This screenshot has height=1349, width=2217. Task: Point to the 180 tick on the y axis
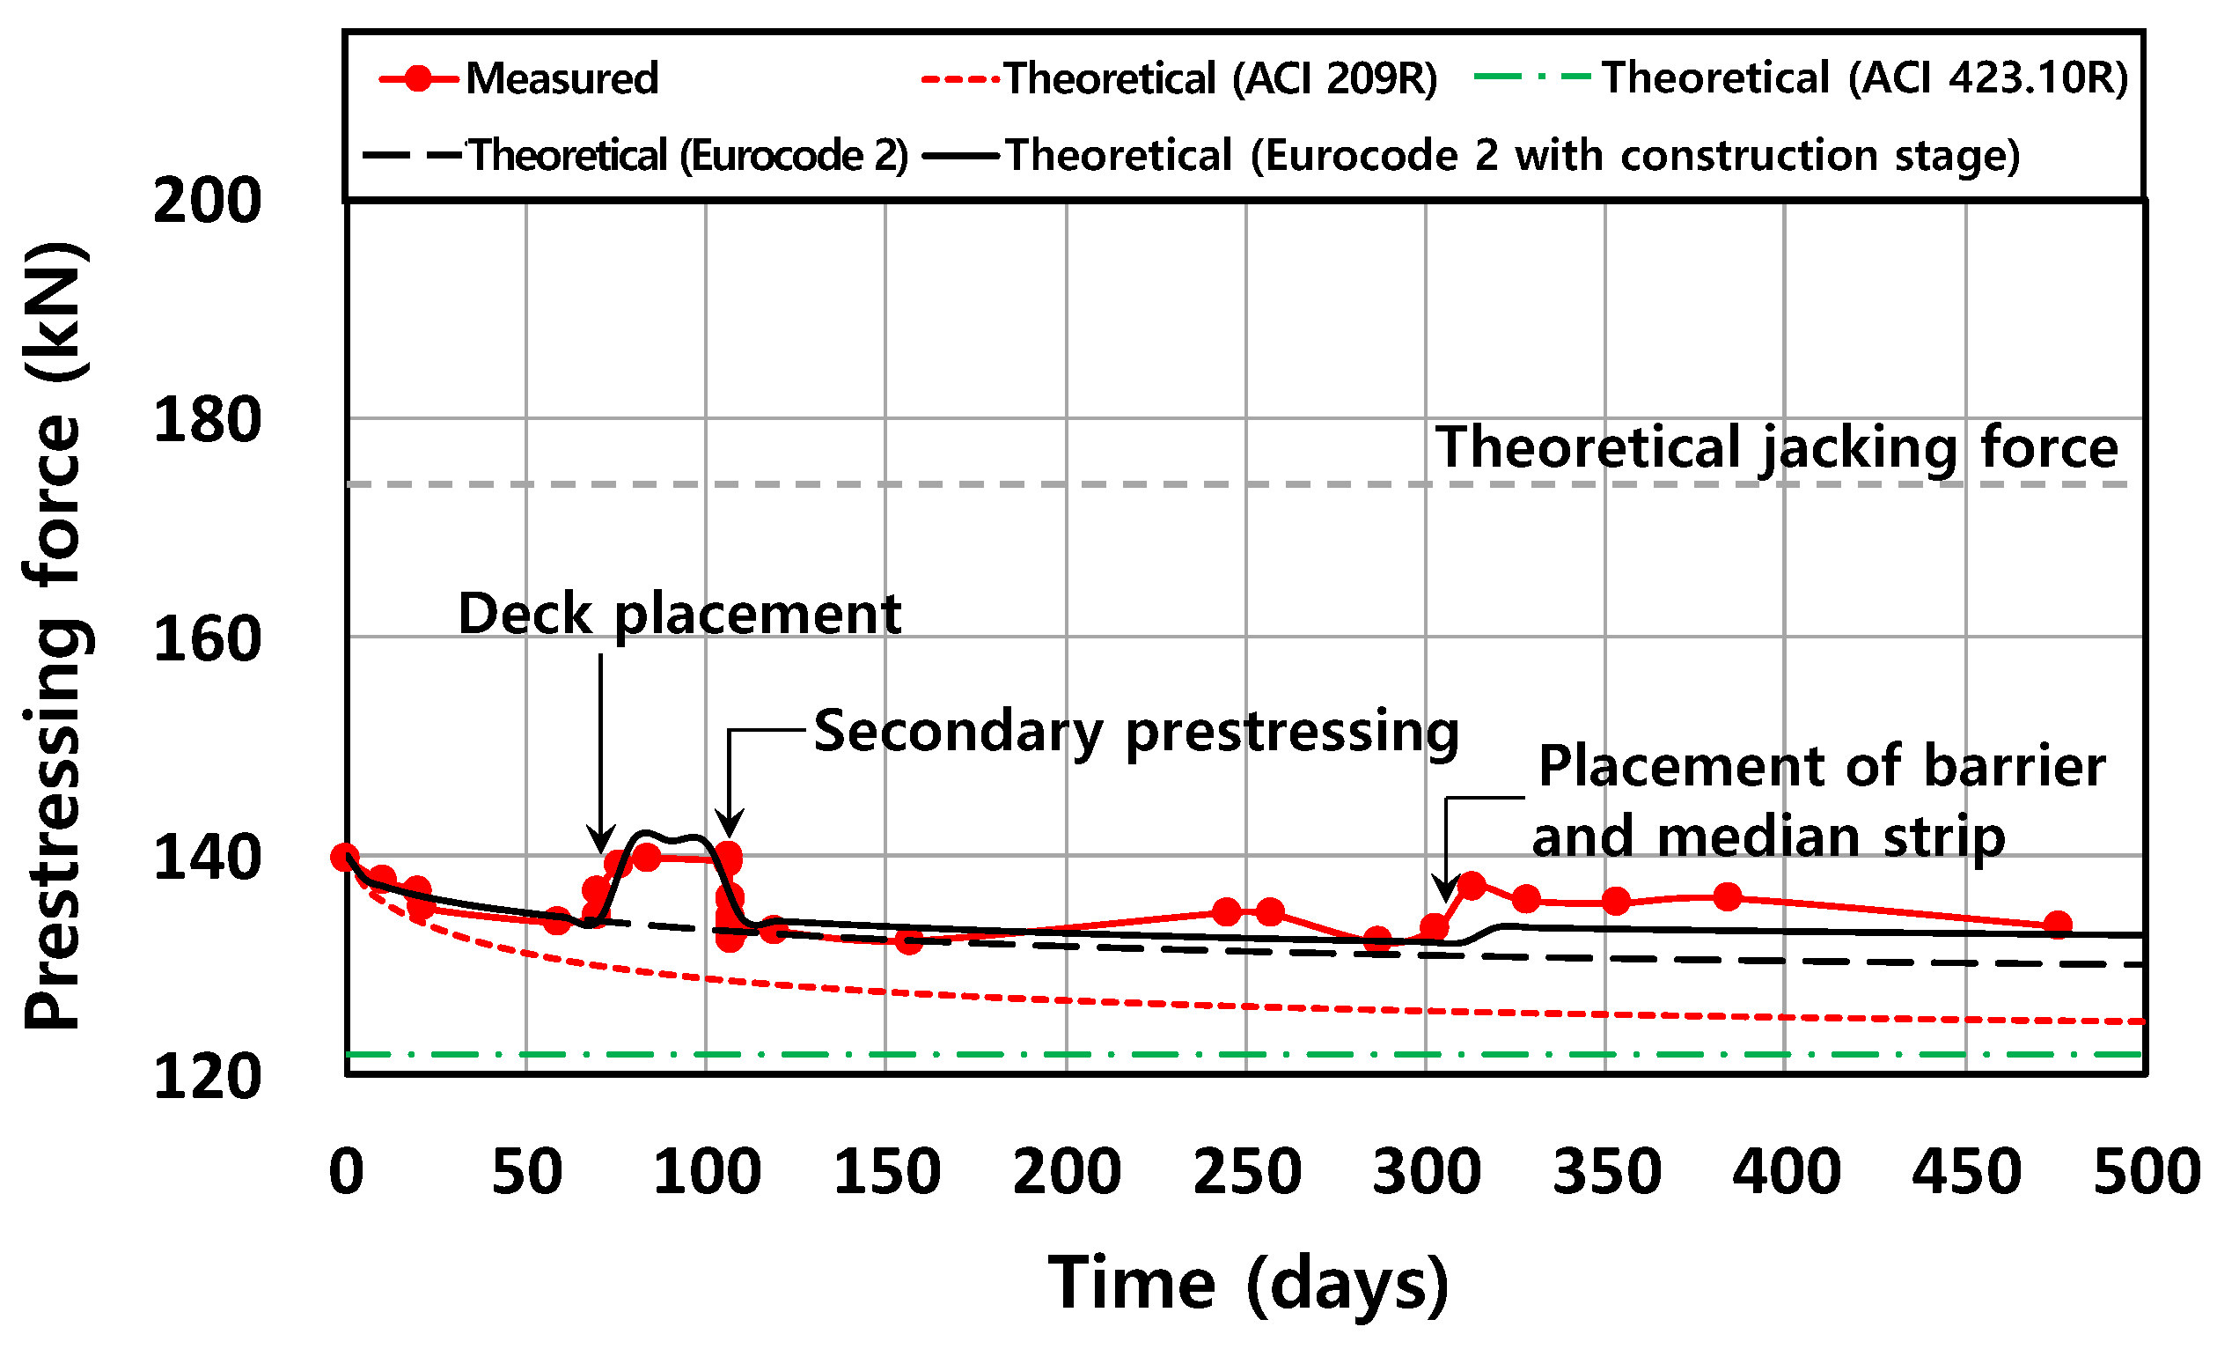207,419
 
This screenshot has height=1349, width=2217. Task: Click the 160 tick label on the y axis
207,639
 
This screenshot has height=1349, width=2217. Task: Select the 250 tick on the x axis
1247,1173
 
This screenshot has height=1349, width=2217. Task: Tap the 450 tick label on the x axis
1967,1173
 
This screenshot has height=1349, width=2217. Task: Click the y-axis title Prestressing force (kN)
55,636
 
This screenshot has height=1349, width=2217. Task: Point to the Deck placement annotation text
679,615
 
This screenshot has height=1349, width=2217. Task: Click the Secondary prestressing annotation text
1135,732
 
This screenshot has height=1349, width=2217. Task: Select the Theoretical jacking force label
1776,447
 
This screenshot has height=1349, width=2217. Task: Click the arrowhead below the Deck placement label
601,840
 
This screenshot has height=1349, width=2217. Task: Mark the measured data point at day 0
346,858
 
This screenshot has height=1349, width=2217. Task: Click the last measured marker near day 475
2058,925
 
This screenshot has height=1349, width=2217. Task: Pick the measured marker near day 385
1728,896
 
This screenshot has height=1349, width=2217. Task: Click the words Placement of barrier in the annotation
1821,767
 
